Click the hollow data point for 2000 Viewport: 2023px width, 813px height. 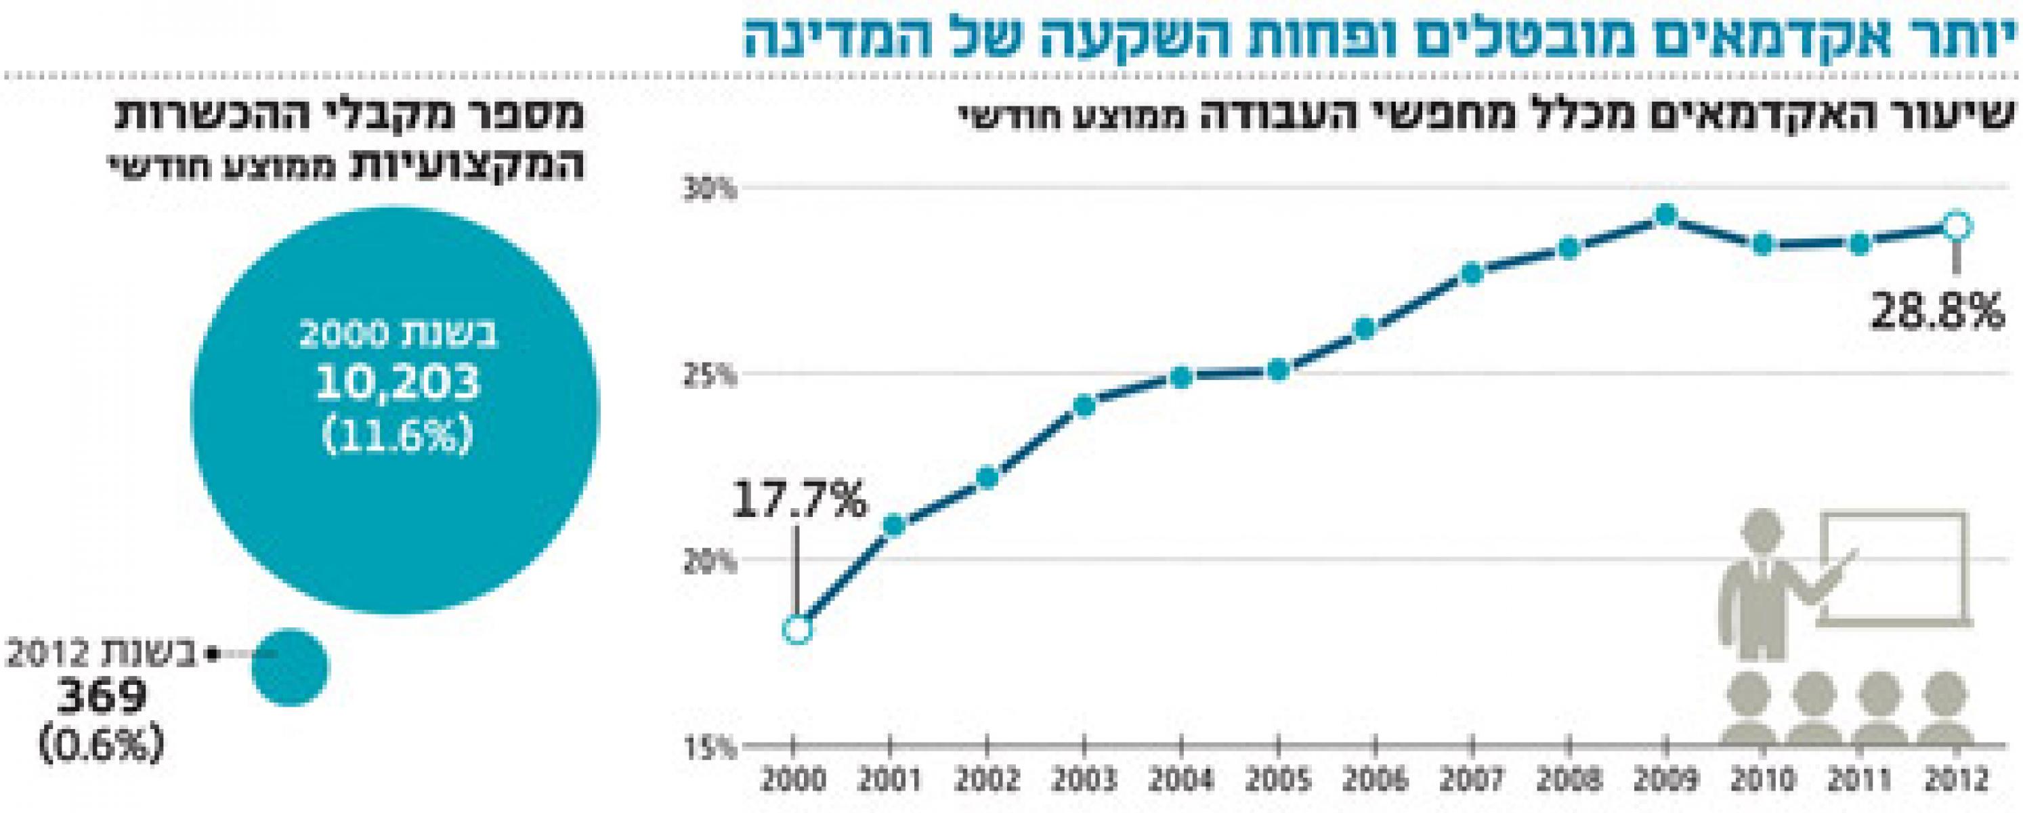[x=796, y=630]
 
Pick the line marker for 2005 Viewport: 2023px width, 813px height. [x=1279, y=370]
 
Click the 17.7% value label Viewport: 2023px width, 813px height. [x=799, y=501]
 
